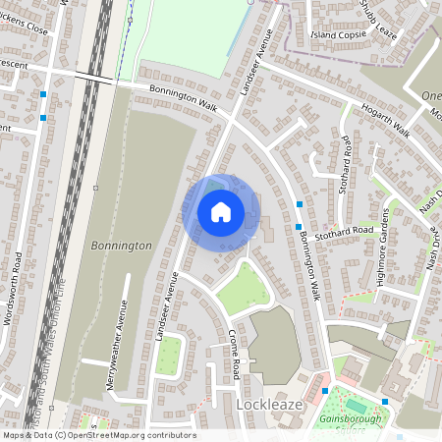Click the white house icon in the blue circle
click(221, 211)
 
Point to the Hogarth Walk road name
click(384, 118)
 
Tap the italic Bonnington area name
click(120, 245)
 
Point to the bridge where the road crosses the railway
click(90, 76)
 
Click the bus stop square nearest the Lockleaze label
click(324, 391)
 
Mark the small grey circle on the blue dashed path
click(130, 18)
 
